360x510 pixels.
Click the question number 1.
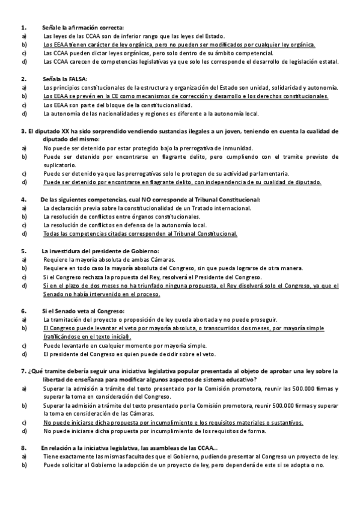(23, 28)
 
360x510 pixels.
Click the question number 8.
(23, 448)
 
